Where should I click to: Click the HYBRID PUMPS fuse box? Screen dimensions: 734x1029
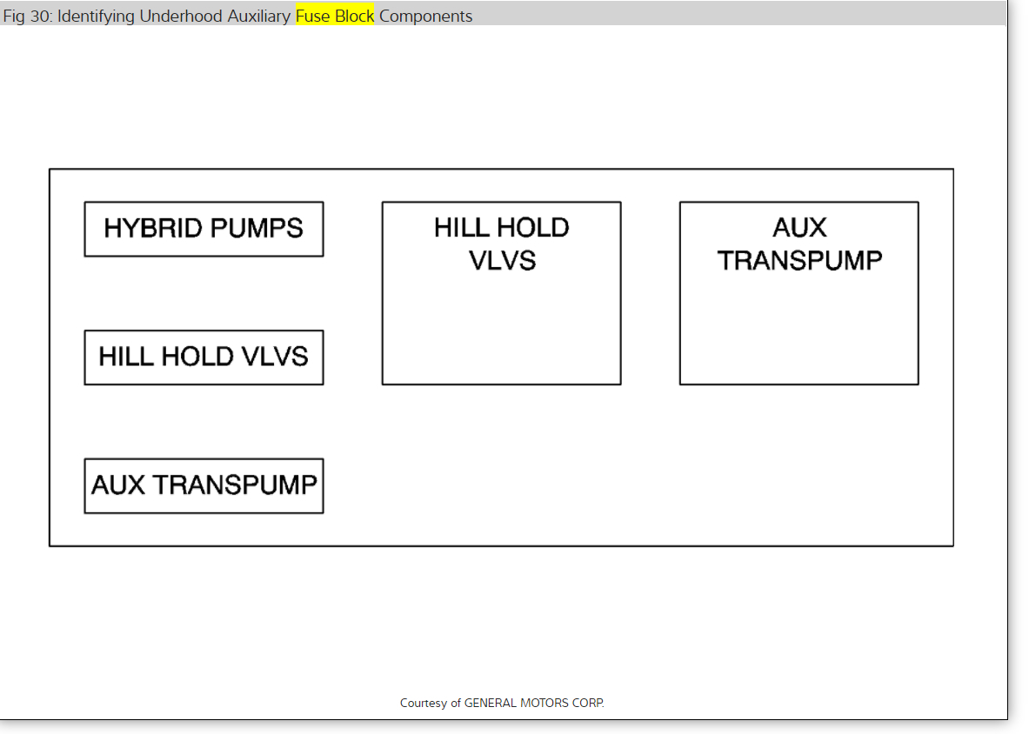point(204,229)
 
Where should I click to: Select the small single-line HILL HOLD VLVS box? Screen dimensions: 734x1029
point(204,357)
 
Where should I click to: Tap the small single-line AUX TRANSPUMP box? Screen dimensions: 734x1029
point(204,485)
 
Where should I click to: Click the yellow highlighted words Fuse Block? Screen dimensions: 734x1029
point(335,17)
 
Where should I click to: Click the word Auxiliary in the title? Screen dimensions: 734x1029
point(257,17)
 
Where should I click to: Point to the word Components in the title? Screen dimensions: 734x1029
point(426,17)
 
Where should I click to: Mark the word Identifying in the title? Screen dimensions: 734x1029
point(97,17)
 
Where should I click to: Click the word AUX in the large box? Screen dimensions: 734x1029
point(799,228)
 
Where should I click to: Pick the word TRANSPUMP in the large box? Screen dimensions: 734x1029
point(799,260)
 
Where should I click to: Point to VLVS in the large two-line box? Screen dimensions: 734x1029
point(502,260)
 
